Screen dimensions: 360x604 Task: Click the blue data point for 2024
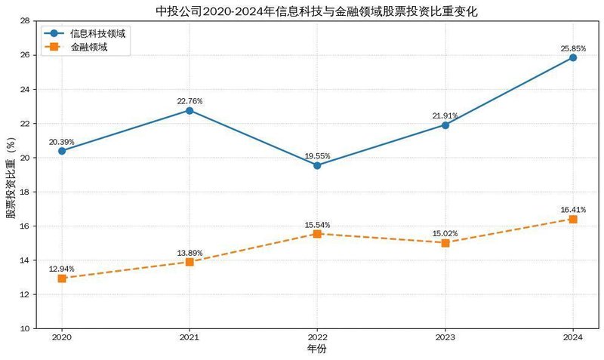pos(573,57)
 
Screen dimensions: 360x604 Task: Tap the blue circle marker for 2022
pos(317,165)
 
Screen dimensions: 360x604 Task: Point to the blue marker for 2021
pos(190,110)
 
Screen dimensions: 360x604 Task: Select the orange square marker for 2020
pos(62,278)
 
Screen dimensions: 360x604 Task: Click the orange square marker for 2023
pos(445,243)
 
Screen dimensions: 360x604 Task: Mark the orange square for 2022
pos(317,234)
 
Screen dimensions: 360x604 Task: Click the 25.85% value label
pos(573,47)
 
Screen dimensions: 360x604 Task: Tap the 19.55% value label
pos(317,155)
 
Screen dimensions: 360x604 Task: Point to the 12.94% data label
pos(62,269)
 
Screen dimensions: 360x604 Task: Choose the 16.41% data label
pos(573,209)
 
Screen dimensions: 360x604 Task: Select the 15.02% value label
pos(445,233)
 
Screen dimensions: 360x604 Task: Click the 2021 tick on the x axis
pos(190,337)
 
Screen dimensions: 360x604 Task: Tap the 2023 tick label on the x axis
pos(445,337)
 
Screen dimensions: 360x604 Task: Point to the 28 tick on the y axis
pos(26,21)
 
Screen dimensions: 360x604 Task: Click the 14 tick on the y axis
pos(26,260)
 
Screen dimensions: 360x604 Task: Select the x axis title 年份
pos(317,349)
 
